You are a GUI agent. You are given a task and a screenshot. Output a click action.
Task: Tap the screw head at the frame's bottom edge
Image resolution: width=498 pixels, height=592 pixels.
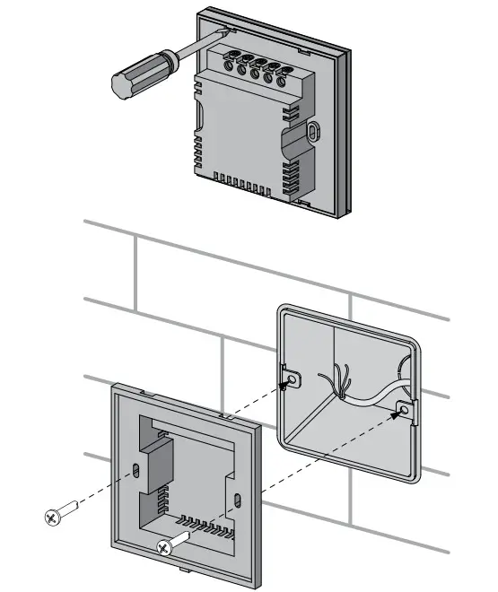[x=165, y=547]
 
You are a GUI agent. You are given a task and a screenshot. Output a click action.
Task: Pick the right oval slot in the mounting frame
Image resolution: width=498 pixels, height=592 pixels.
[x=237, y=499]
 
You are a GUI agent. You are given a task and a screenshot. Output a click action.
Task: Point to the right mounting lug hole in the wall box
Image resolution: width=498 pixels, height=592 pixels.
[x=405, y=409]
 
